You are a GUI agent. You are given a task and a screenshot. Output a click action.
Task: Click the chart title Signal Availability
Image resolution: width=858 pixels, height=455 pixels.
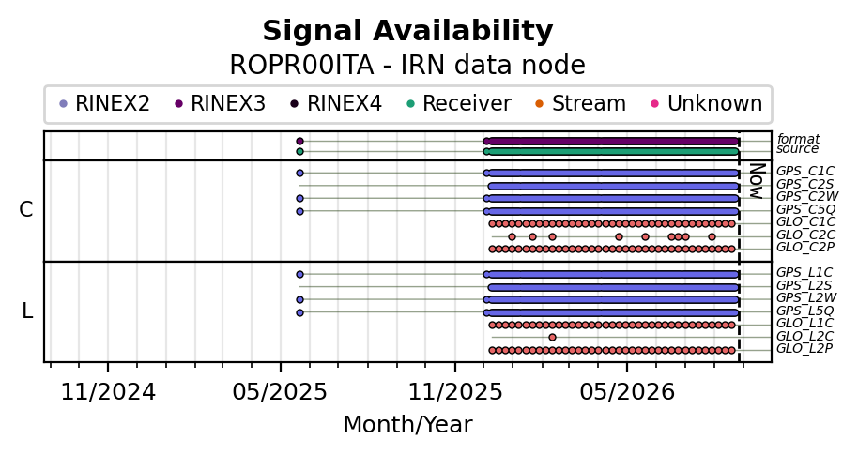coord(407,31)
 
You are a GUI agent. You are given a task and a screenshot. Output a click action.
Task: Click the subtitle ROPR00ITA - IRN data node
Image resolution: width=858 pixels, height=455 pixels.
coord(407,66)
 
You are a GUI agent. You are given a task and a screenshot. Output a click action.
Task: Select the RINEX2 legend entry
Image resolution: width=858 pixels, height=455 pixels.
coord(104,103)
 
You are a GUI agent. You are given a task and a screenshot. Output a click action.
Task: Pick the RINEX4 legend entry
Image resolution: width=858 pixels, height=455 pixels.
coord(335,103)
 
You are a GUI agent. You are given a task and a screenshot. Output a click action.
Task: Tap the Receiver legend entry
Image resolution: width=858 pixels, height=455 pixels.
coord(458,103)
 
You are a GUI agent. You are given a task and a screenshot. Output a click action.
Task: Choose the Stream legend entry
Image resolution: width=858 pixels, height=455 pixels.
coord(580,103)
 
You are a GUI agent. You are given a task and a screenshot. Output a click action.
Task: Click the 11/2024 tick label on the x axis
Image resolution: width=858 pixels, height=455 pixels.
coord(108,392)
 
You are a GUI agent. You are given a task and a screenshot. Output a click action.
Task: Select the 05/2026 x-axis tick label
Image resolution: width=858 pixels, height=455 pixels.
coord(627,392)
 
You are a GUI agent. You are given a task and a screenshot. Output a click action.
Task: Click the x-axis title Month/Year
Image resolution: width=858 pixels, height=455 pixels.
coord(407,425)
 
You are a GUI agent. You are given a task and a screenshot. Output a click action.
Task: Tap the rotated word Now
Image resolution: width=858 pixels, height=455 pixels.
coord(756,181)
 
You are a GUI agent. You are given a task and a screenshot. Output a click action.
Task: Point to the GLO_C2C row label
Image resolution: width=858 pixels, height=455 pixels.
coord(805,235)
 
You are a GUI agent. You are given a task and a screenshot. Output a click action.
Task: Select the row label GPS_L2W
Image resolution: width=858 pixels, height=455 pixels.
coord(806,298)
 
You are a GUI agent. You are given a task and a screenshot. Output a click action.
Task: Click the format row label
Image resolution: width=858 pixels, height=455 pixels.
coord(798,139)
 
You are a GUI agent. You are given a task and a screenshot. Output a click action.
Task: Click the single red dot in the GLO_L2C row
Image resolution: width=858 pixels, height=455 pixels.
coord(552,338)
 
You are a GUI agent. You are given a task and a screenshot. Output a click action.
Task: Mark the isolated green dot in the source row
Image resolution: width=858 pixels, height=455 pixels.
coord(299,151)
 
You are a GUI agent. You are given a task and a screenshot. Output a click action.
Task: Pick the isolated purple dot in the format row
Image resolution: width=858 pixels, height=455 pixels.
coord(299,141)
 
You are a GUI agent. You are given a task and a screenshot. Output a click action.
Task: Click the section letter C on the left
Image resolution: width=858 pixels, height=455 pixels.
coord(25,209)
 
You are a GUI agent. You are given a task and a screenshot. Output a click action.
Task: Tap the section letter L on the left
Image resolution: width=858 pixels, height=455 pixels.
coord(27,311)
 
